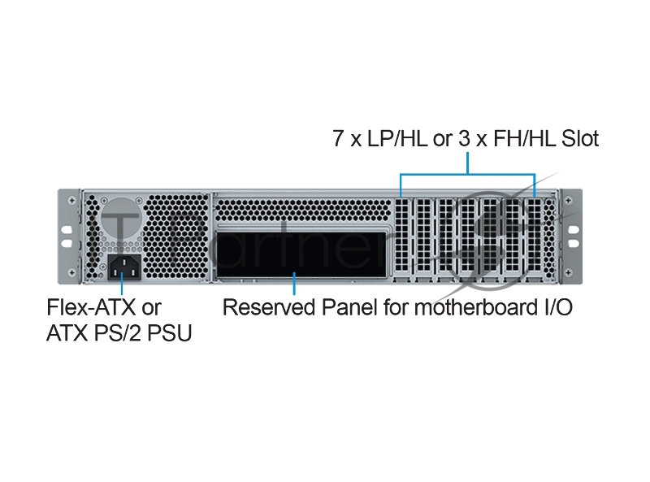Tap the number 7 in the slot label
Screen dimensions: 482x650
(338, 139)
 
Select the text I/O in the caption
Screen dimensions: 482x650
(555, 308)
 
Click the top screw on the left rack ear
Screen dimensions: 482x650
(73, 200)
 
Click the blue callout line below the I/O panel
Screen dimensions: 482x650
(294, 286)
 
